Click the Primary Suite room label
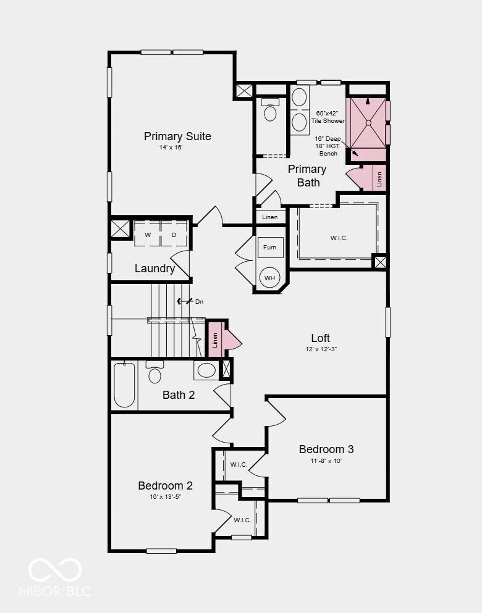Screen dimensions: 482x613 [x=177, y=136]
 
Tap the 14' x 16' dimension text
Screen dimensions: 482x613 [x=171, y=148]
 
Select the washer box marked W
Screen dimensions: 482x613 [x=148, y=235]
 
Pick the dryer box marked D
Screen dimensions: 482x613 [x=174, y=235]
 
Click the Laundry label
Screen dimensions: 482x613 [x=154, y=269]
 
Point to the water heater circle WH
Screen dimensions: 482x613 [x=269, y=278]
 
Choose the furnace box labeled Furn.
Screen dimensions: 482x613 [x=270, y=248]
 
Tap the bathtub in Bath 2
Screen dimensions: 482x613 [x=124, y=385]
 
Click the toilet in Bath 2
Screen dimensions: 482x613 [x=154, y=373]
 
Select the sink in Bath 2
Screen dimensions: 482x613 [x=206, y=370]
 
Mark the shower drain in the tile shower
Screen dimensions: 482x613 [x=368, y=123]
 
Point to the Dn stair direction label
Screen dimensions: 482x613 [x=199, y=301]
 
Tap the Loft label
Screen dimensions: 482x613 [x=321, y=338]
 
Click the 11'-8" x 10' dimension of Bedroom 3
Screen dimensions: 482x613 [x=326, y=461]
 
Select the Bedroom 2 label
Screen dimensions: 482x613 [x=165, y=486]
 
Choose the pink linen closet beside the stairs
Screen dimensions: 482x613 [x=215, y=340]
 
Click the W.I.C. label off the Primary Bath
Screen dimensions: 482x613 [x=339, y=238]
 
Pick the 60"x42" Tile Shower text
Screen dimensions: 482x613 [x=328, y=117]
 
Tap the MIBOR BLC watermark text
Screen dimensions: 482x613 [x=55, y=591]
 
